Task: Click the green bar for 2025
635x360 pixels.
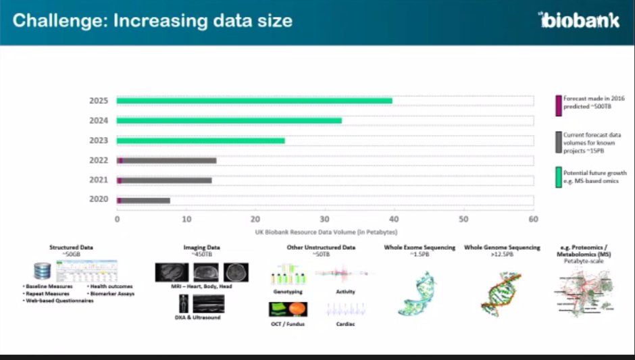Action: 254,101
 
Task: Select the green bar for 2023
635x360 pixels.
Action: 201,140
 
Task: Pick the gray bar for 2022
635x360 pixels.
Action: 169,161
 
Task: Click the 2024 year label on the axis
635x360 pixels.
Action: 99,121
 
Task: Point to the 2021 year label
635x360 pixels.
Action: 99,180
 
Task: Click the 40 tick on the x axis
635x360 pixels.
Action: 394,219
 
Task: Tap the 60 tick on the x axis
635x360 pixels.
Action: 533,219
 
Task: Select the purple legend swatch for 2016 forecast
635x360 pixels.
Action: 558,105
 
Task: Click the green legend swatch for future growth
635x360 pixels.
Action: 558,178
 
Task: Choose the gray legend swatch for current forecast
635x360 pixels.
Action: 558,142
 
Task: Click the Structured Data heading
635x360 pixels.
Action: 72,247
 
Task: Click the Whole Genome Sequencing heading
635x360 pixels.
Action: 502,247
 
